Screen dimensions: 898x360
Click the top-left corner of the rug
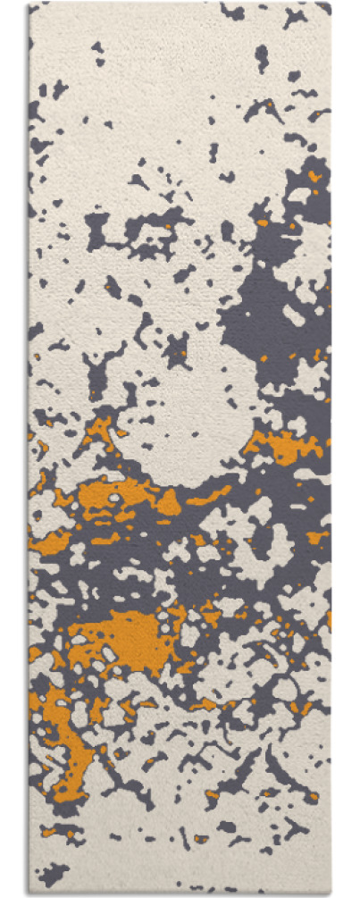tap(30, 4)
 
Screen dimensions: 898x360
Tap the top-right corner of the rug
tap(330, 4)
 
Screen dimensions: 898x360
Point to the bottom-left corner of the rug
tap(30, 894)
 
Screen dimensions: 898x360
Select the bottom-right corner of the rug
tap(330, 894)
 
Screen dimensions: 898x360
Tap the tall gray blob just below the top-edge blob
tap(261, 58)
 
